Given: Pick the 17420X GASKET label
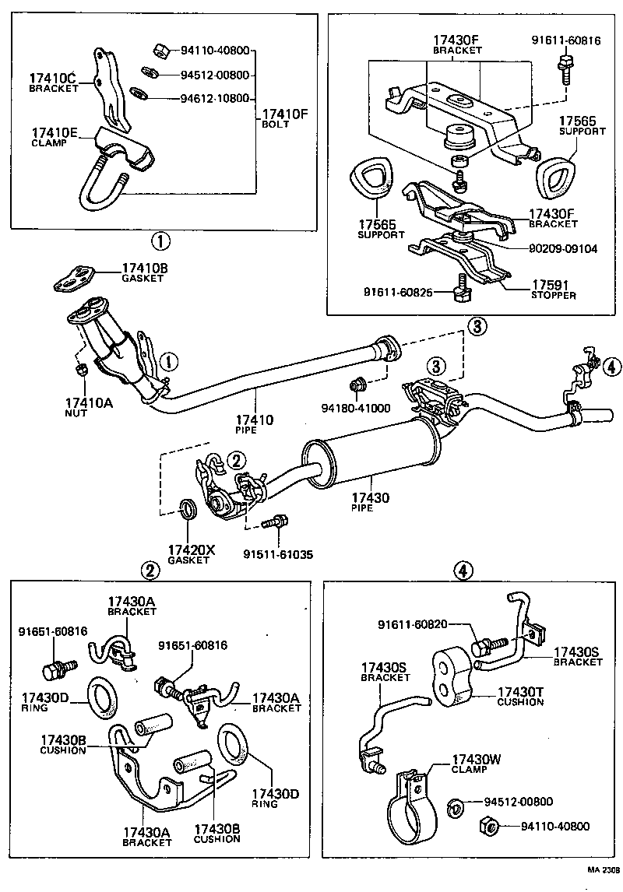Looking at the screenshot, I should [x=190, y=554].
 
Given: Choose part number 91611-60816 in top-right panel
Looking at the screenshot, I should [x=566, y=40].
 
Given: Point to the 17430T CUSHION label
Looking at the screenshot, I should [x=520, y=696].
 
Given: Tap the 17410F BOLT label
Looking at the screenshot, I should [x=285, y=118].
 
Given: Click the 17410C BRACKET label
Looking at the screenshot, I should [x=54, y=83].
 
